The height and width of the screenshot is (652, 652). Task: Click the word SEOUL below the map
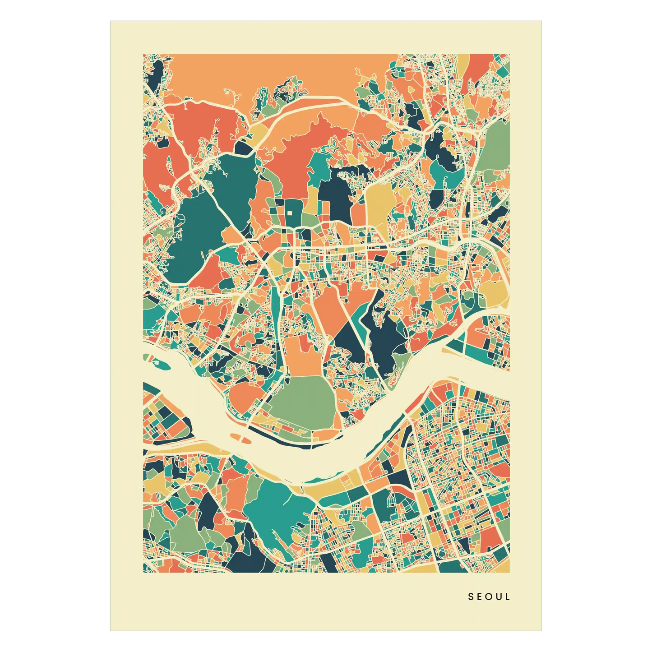click(x=489, y=597)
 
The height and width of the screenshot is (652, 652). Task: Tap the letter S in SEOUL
click(x=471, y=597)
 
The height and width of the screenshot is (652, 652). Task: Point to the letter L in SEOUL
click(x=508, y=597)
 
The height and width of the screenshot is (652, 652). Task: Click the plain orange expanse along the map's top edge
click(x=280, y=72)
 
